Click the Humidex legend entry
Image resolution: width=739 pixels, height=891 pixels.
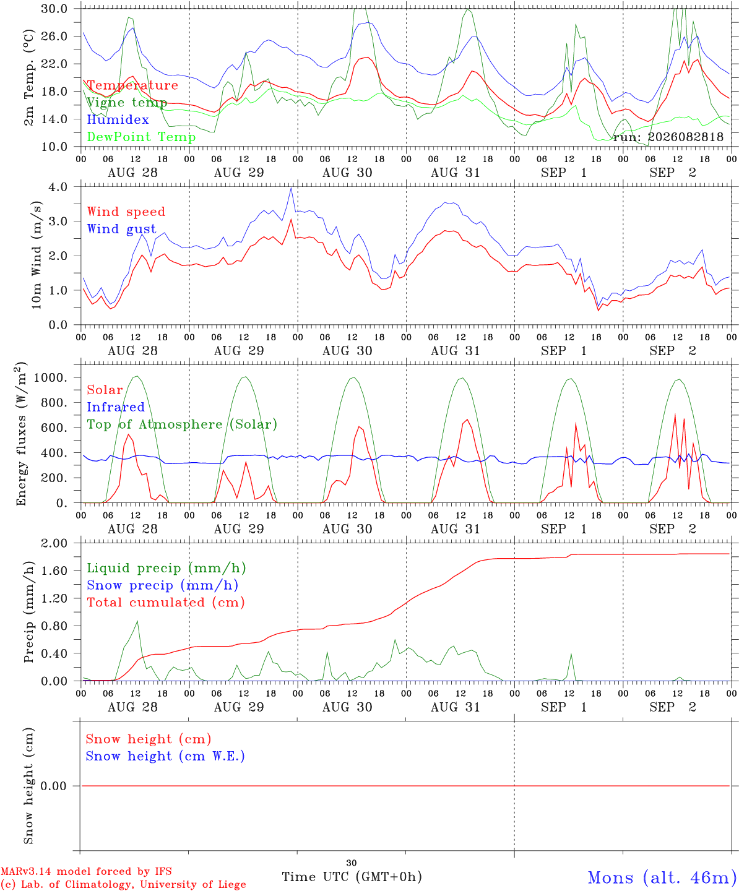(118, 119)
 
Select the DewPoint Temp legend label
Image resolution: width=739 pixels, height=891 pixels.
(141, 137)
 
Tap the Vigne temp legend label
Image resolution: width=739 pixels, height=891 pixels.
(127, 103)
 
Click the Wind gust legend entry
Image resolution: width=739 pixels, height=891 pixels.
(122, 229)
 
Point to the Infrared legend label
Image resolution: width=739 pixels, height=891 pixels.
(116, 407)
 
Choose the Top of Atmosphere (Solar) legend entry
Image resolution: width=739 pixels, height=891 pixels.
(183, 424)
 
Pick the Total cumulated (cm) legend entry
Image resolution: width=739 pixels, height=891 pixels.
(166, 602)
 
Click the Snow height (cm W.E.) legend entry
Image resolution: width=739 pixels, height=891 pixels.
(165, 756)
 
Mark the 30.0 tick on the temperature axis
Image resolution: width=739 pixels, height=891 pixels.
(54, 9)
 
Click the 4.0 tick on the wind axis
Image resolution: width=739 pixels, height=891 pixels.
(58, 187)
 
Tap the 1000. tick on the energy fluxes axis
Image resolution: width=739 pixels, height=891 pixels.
(51, 377)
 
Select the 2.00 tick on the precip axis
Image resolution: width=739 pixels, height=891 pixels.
(54, 543)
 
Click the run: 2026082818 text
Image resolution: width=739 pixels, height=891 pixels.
(668, 137)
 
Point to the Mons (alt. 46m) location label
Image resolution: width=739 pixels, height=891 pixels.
(659, 878)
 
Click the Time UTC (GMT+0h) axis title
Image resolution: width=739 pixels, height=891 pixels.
(352, 877)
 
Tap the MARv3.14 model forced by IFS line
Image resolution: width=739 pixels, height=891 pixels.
(86, 871)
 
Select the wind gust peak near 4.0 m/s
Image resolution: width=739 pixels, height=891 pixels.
(291, 188)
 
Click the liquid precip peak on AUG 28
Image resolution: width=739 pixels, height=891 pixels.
(137, 621)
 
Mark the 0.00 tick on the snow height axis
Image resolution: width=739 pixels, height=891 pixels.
(54, 786)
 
